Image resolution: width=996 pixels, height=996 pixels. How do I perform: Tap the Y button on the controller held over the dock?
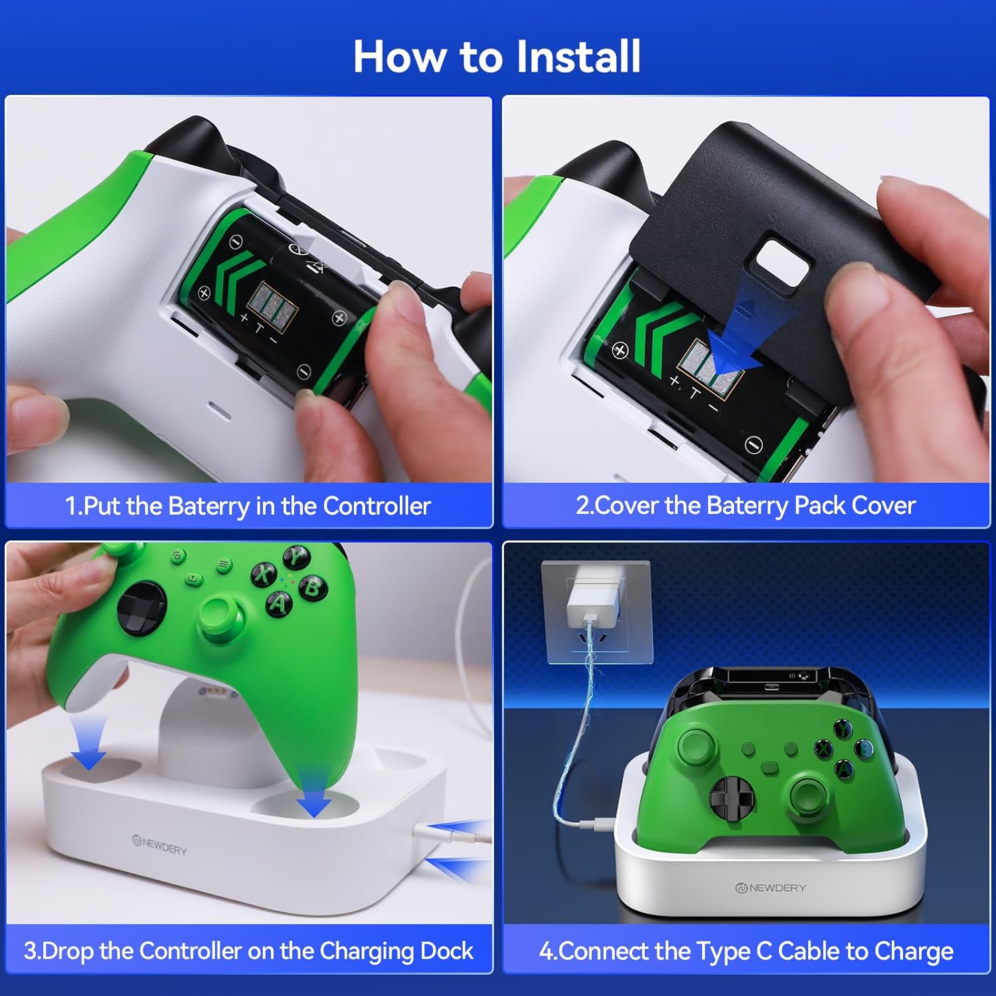295,556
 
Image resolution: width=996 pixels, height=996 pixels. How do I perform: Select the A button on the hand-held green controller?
279,603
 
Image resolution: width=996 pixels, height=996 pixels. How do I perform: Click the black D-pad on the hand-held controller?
141,607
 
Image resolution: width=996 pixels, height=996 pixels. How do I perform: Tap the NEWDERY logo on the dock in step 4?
771,888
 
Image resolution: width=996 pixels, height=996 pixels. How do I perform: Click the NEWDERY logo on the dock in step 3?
160,845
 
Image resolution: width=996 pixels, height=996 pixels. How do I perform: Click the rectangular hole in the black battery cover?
784,263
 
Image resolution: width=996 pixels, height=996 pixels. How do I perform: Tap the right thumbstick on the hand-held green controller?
220,618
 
